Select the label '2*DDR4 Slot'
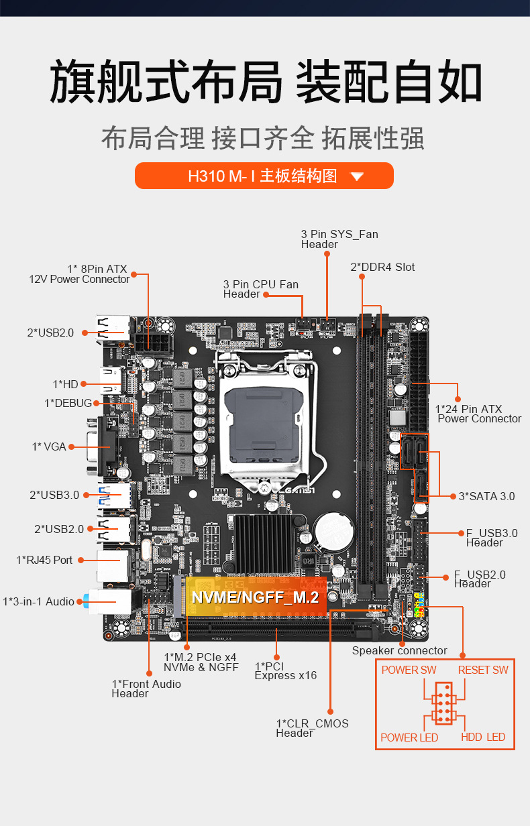click(x=382, y=267)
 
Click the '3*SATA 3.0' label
click(x=486, y=496)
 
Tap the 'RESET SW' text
click(x=483, y=670)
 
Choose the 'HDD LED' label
click(x=483, y=737)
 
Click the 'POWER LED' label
click(x=409, y=737)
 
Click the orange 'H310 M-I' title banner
click(x=264, y=176)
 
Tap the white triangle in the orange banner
click(x=357, y=177)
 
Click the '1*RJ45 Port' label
click(x=44, y=560)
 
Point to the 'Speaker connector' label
click(x=399, y=650)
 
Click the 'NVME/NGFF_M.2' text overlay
click(x=255, y=597)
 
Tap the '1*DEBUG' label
click(x=68, y=403)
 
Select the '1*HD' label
click(x=66, y=384)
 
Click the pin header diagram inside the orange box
click(x=442, y=703)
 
